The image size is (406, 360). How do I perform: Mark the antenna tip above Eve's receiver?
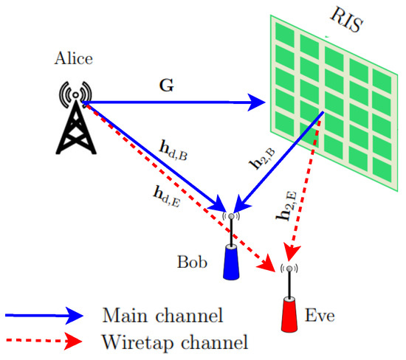pos(289,269)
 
